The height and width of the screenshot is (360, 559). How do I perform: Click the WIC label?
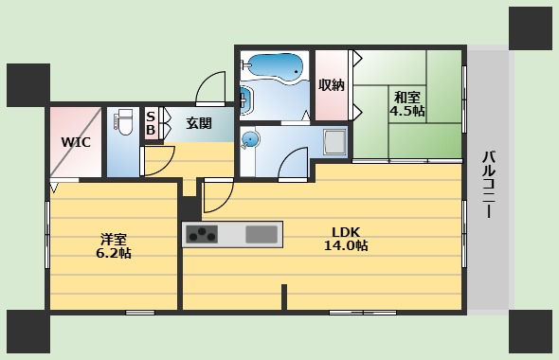(75, 142)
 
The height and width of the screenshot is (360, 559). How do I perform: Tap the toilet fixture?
(122, 124)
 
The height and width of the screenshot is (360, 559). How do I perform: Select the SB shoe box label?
(151, 122)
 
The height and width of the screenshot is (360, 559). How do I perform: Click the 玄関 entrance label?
(198, 122)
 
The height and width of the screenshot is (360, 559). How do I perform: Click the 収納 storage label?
(331, 85)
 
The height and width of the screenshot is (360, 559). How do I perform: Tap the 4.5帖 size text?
(408, 111)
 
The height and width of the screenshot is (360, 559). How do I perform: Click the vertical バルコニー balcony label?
(488, 184)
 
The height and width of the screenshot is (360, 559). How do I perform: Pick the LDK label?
(345, 230)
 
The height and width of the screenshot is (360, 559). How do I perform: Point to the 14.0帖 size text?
(345, 246)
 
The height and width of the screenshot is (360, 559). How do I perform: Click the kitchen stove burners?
(203, 234)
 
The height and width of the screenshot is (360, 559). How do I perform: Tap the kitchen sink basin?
(262, 234)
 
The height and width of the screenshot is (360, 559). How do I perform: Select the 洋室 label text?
(113, 239)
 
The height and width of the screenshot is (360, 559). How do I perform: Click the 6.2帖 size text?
(113, 255)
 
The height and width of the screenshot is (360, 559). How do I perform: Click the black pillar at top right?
(530, 27)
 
